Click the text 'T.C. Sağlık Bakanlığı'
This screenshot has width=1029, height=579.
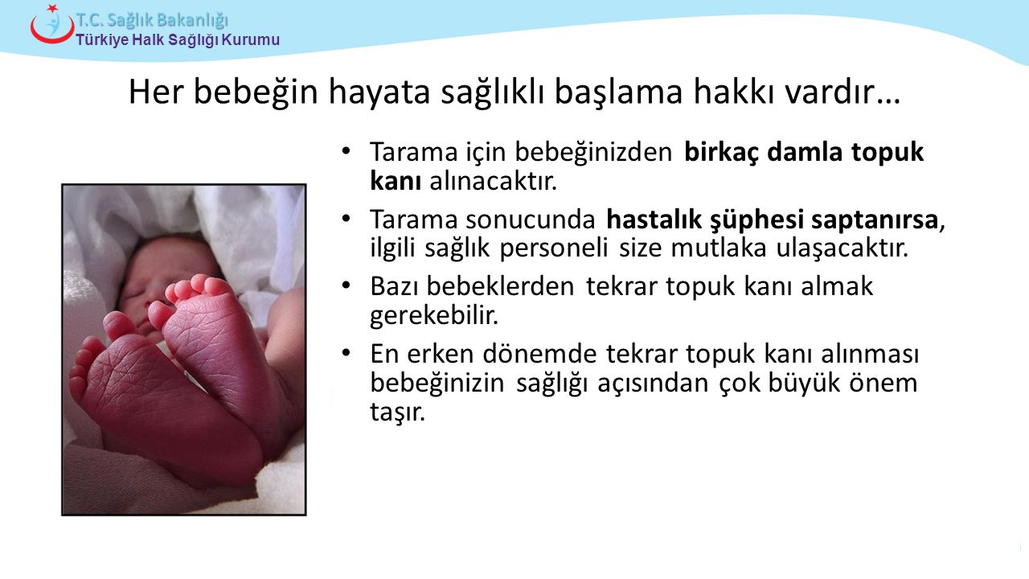(152, 20)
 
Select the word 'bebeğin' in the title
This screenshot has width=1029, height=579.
(256, 92)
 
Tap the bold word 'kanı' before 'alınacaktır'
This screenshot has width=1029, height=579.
(396, 181)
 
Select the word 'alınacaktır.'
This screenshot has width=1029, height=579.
(494, 181)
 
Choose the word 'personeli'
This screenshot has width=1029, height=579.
(554, 248)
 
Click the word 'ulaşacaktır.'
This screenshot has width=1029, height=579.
(842, 248)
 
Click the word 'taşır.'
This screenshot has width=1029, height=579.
(398, 413)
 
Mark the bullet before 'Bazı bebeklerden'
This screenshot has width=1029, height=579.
(346, 285)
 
